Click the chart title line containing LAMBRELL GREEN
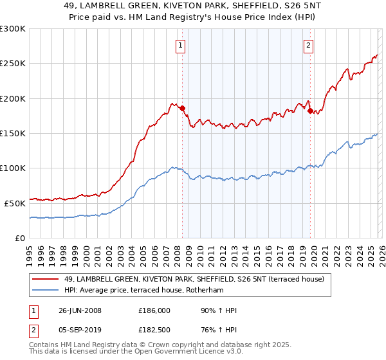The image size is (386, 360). (193, 6)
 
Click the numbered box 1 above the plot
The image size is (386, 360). (180, 45)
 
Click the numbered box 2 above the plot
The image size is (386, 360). (309, 45)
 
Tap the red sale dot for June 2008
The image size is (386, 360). (183, 108)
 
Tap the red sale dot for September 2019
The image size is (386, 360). (310, 111)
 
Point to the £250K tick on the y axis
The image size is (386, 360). (13, 64)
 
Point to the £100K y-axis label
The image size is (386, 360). (13, 168)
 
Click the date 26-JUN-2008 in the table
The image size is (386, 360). (80, 310)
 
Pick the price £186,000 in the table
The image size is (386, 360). (154, 310)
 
